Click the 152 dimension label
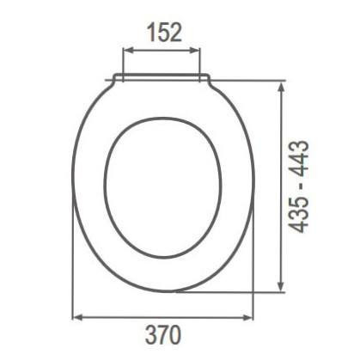point(162,34)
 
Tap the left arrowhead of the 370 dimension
point(75,318)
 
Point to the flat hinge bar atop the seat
point(162,79)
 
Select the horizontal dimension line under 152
point(163,51)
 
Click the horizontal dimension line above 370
point(162,318)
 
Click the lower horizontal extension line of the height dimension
point(232,291)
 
